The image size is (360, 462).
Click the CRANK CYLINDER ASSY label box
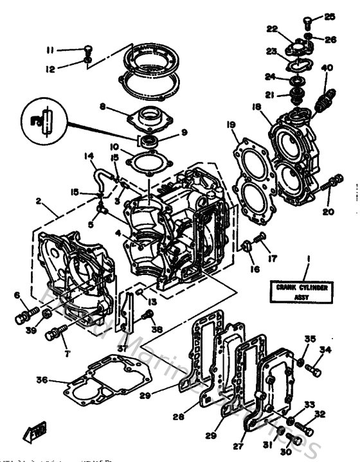tap(307, 292)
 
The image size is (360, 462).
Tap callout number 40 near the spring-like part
tap(326, 68)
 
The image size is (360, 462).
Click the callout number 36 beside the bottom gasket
tap(42, 380)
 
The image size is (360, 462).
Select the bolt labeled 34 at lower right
tap(314, 370)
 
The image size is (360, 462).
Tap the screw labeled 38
tap(148, 314)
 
